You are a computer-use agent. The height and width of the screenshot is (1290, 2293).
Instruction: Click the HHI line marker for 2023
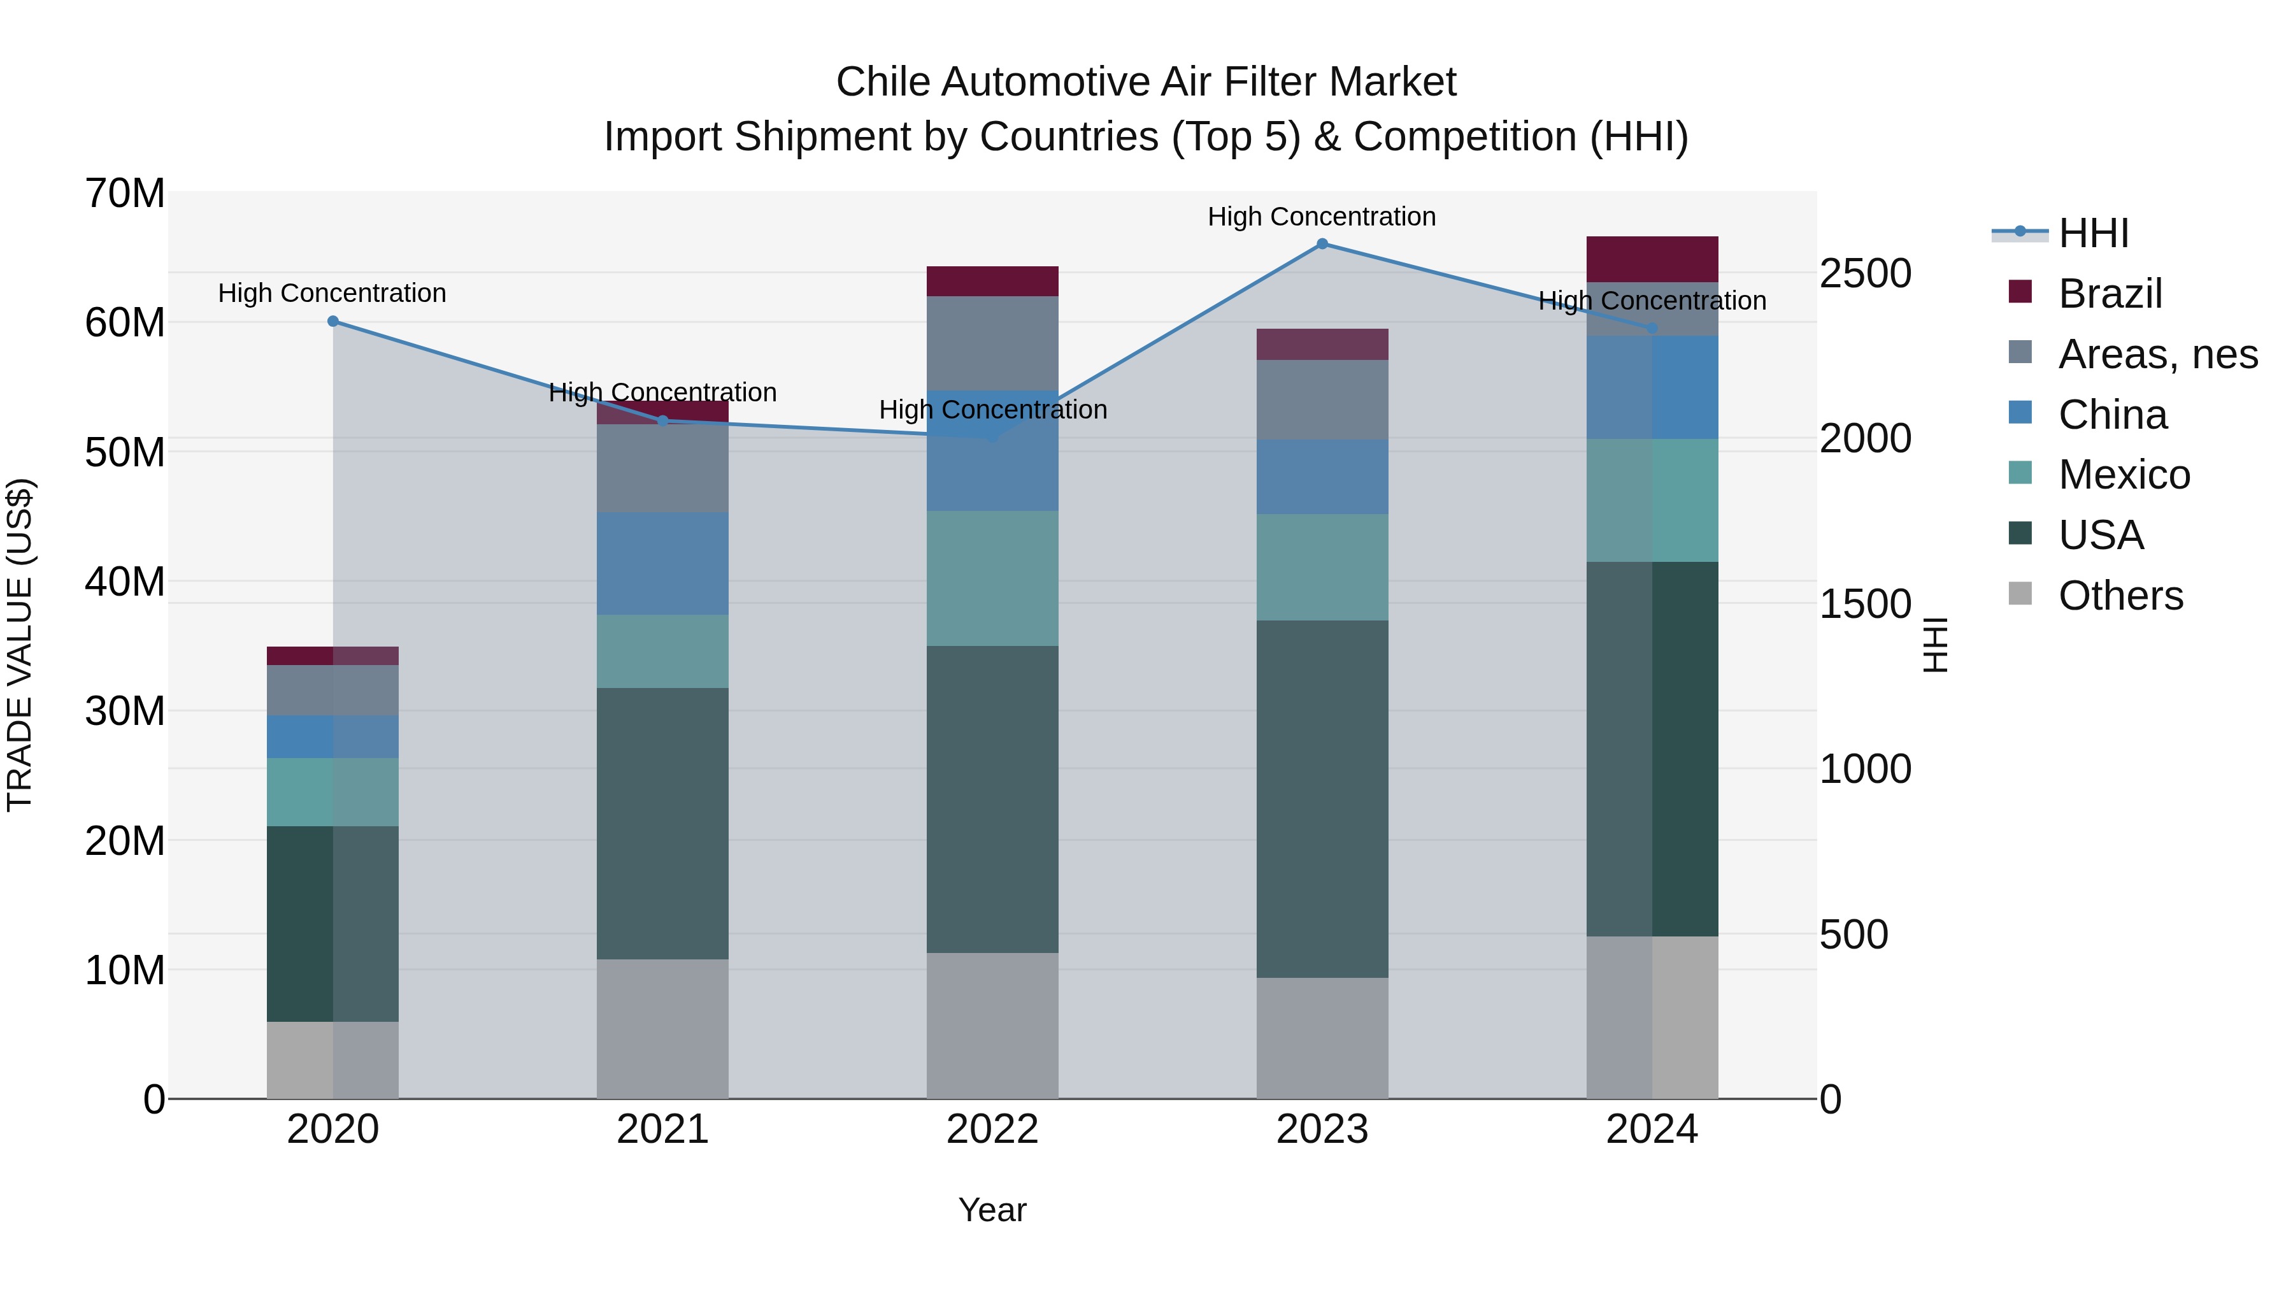pos(1322,244)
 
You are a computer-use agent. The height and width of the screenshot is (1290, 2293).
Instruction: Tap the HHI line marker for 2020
pos(333,322)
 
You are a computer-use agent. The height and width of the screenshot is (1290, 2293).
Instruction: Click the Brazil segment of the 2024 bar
pos(1652,259)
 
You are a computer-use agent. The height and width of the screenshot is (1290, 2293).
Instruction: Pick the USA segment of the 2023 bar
pos(1322,799)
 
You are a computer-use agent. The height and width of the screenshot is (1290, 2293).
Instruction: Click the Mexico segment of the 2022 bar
pos(992,578)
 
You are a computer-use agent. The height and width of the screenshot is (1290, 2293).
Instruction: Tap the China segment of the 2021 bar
pos(662,564)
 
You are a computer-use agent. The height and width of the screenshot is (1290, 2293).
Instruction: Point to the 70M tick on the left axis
pos(125,193)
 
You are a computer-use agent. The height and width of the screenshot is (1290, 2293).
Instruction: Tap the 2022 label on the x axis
pos(992,1129)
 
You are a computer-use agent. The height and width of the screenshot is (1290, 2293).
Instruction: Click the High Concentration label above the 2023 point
pos(1322,217)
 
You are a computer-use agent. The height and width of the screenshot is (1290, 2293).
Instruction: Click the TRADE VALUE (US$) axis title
pos(20,645)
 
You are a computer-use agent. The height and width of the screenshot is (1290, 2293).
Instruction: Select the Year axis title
pos(992,1210)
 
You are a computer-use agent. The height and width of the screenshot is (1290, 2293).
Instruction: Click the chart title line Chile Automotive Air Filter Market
pos(1146,82)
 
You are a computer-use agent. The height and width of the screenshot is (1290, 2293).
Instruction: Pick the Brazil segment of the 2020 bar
pos(333,656)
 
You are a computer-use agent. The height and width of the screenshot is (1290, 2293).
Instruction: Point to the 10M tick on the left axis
pos(125,970)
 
